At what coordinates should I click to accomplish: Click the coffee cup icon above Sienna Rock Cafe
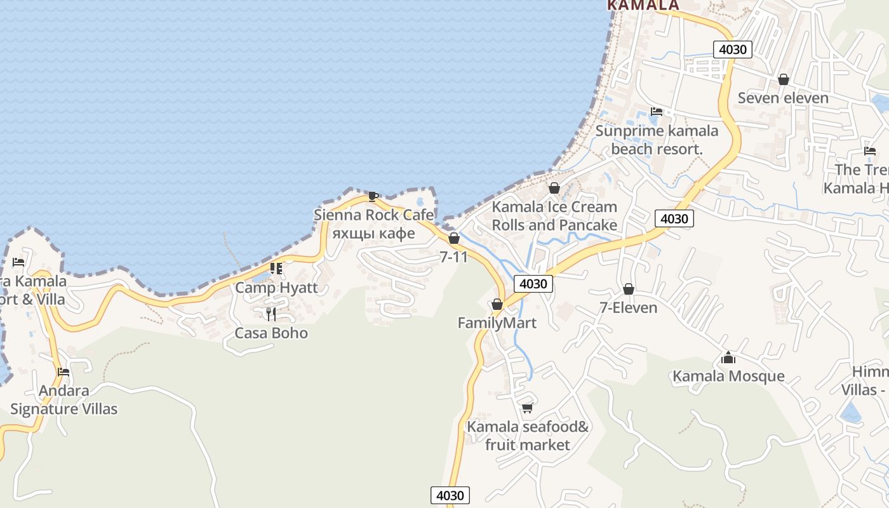(373, 196)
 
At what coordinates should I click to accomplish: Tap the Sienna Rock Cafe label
(373, 215)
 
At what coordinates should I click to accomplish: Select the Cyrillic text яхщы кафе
(373, 233)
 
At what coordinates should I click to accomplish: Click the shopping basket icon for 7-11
(454, 238)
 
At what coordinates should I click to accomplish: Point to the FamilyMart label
(497, 323)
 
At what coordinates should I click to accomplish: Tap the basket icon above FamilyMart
(497, 304)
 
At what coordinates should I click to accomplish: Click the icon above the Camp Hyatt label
(276, 269)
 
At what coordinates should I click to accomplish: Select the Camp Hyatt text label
(276, 287)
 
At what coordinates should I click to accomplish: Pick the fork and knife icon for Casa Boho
(271, 314)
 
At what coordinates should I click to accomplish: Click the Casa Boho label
(271, 333)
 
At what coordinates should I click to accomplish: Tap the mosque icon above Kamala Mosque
(728, 358)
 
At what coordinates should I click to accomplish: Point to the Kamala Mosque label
(728, 376)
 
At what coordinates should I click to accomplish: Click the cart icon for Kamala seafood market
(527, 408)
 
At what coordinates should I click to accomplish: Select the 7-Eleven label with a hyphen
(628, 307)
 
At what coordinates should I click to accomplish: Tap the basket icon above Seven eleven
(784, 79)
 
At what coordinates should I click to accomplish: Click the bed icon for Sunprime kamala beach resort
(657, 112)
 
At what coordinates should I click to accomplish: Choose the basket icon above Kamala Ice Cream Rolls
(554, 188)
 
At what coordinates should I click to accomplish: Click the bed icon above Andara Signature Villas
(63, 372)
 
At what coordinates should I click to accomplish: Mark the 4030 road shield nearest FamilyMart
(533, 284)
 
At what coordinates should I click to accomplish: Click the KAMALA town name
(643, 5)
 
